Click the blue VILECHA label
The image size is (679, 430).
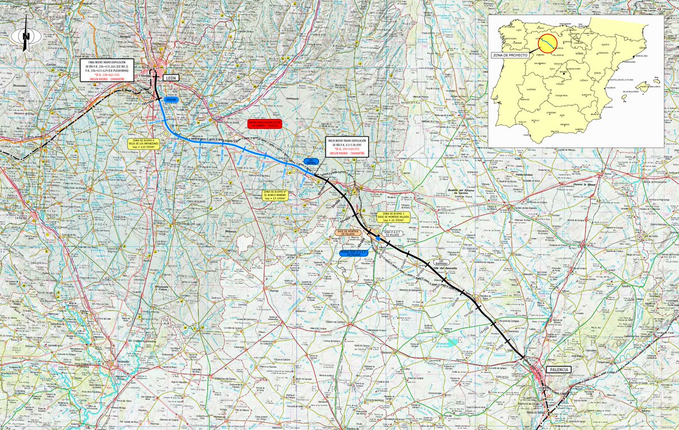171,99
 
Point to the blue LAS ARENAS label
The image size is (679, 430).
311,161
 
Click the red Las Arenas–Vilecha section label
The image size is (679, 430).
265,124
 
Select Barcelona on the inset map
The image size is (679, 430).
641,57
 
